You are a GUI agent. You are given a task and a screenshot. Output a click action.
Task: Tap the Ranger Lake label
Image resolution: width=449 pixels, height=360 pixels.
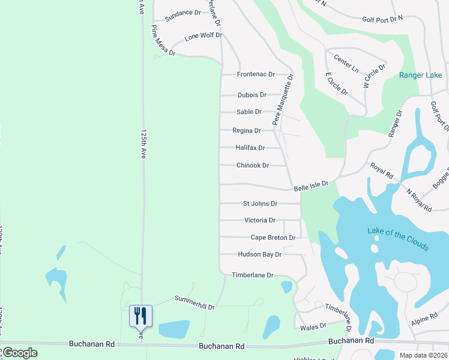[421, 75]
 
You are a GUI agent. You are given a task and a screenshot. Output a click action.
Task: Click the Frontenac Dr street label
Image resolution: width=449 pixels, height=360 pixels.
[256, 74]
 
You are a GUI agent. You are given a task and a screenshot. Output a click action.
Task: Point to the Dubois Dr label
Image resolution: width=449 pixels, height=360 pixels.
[252, 95]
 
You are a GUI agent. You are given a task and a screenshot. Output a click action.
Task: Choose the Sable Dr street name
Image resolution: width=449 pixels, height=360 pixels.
[249, 112]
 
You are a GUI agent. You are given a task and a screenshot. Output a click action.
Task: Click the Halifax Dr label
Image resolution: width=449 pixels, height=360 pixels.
[250, 148]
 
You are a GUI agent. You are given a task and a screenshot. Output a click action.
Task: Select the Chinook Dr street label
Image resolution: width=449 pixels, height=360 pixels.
[252, 165]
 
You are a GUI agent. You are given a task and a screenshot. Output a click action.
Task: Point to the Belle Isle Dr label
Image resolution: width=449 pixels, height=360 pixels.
[311, 187]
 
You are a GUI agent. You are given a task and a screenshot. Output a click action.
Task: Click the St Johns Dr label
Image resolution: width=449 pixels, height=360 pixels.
[260, 204]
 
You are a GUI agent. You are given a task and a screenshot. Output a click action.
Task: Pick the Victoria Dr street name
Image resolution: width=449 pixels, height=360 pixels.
[259, 220]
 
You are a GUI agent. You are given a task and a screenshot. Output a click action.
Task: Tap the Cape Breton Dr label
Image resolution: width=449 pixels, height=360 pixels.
[273, 238]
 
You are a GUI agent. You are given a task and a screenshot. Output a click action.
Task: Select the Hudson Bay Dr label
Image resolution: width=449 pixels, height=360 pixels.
[259, 254]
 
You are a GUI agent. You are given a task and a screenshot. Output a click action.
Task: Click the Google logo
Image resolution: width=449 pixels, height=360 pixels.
[19, 353]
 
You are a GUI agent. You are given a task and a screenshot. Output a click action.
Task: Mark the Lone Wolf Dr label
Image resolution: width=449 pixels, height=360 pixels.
[203, 36]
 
